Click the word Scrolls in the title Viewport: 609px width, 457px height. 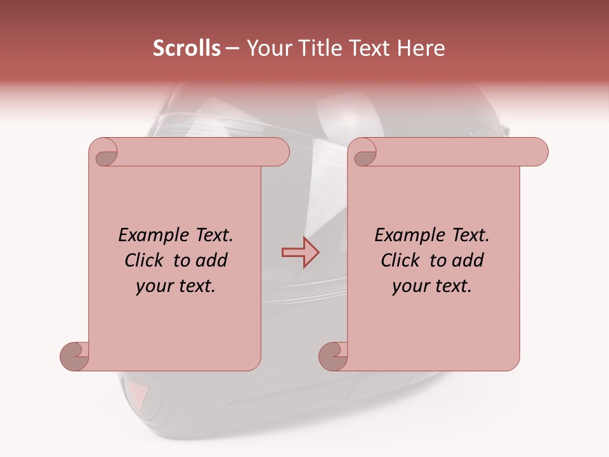[x=187, y=48]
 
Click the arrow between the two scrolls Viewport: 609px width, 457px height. [x=300, y=253]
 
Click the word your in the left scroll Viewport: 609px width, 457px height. [x=154, y=287]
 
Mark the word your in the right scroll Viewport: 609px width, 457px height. [x=410, y=287]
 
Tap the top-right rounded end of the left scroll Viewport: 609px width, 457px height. [x=279, y=152]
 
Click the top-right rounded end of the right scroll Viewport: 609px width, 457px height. [x=538, y=152]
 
